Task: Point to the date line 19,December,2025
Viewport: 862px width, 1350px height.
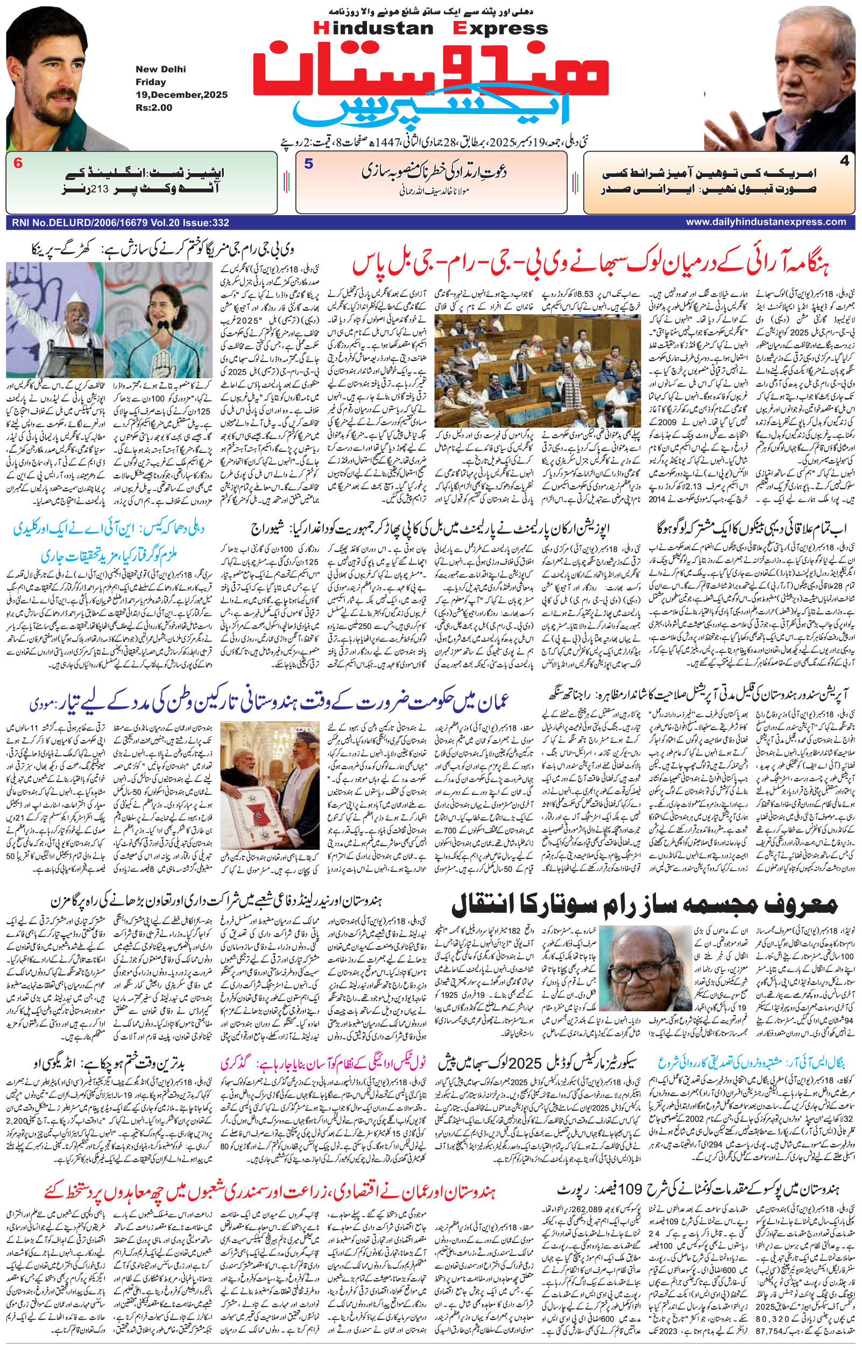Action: click(181, 95)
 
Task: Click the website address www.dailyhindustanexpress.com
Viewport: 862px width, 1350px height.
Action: click(766, 222)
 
